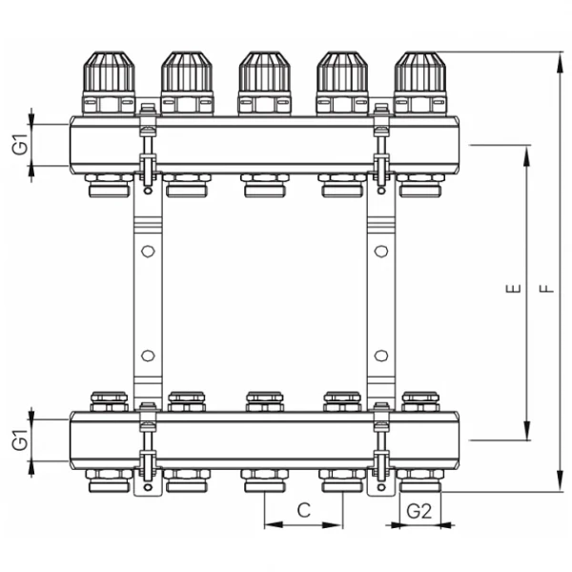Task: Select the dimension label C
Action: (302, 510)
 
